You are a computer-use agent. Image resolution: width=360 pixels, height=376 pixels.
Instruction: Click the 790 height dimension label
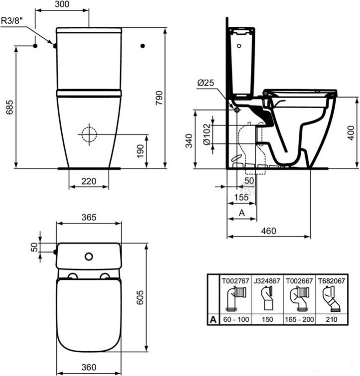pyautogui.click(x=159, y=98)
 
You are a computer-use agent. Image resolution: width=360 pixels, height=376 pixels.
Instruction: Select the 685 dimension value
pyautogui.click(x=10, y=107)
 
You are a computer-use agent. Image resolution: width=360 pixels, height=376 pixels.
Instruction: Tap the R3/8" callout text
pyautogui.click(x=12, y=20)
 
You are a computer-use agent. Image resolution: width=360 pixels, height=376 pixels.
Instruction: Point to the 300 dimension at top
pyautogui.click(x=62, y=4)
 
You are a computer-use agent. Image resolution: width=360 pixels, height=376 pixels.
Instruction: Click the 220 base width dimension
pyautogui.click(x=89, y=181)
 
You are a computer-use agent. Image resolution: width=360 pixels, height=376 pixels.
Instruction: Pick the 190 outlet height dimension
pyautogui.click(x=140, y=151)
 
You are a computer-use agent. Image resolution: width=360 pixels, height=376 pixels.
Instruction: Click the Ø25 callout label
pyautogui.click(x=205, y=83)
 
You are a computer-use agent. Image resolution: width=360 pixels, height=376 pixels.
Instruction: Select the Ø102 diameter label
pyautogui.click(x=207, y=134)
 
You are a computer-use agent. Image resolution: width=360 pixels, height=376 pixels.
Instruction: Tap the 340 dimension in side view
pyautogui.click(x=189, y=141)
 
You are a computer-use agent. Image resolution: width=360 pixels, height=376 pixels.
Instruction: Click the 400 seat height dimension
pyautogui.click(x=351, y=132)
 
